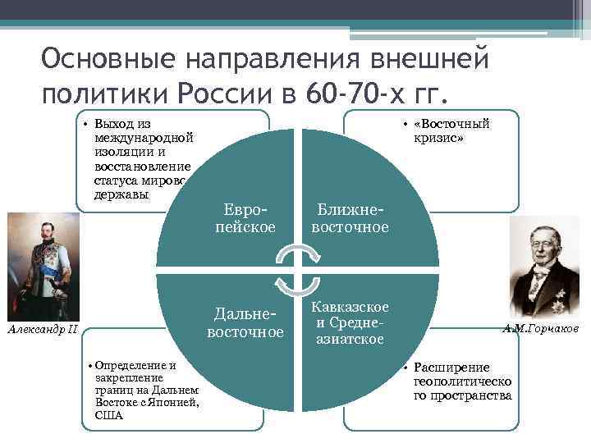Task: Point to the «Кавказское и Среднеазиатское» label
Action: (348, 322)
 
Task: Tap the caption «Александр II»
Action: (41, 329)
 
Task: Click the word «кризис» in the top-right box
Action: (438, 139)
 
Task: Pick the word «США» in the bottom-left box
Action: (108, 415)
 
